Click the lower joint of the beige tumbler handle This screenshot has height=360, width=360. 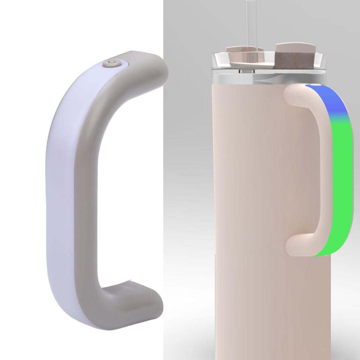295,246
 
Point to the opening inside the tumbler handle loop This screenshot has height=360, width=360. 306,169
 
